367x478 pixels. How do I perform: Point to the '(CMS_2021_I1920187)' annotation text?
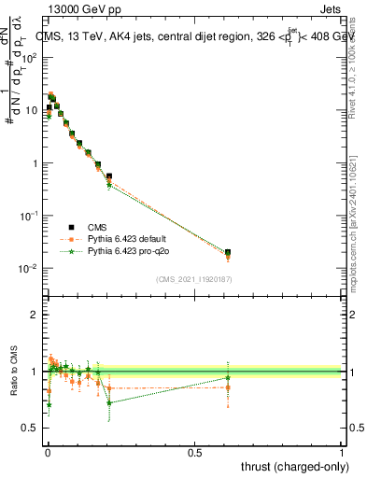193,277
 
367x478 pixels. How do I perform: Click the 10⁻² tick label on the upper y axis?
28,269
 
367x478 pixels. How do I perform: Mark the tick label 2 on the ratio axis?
35,315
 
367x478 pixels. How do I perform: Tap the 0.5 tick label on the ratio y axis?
31,429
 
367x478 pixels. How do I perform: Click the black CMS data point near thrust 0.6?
228,252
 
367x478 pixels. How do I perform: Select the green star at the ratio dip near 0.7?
109,403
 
